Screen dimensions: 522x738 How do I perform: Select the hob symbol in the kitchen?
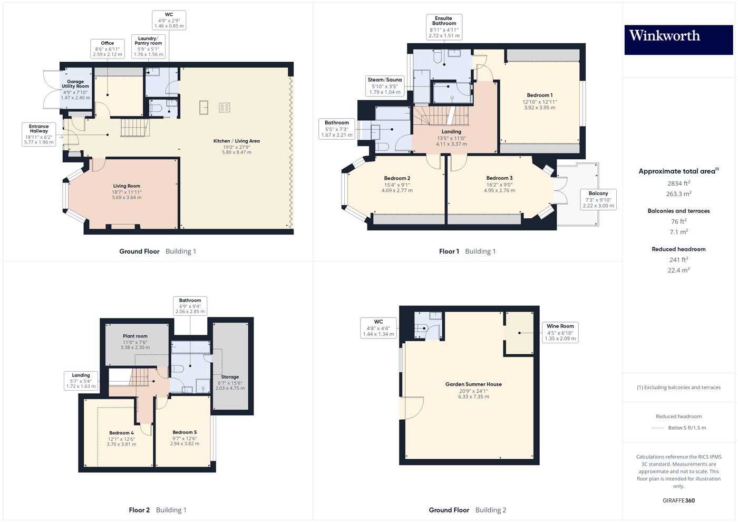click(x=225, y=108)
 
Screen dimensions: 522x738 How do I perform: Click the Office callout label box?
click(x=108, y=49)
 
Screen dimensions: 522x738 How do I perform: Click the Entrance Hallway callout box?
click(x=38, y=134)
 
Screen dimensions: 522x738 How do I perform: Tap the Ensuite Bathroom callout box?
click(x=444, y=27)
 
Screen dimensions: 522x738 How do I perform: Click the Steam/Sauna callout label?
click(x=385, y=86)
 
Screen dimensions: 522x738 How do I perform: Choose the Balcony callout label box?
click(x=598, y=199)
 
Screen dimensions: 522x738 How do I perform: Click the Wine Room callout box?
click(x=560, y=332)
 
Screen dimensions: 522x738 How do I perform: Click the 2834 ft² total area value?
click(x=678, y=183)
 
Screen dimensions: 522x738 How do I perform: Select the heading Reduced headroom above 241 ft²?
click(x=678, y=249)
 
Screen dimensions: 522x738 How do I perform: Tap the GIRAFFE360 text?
click(x=678, y=500)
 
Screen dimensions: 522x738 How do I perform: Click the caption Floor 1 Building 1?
click(x=467, y=252)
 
